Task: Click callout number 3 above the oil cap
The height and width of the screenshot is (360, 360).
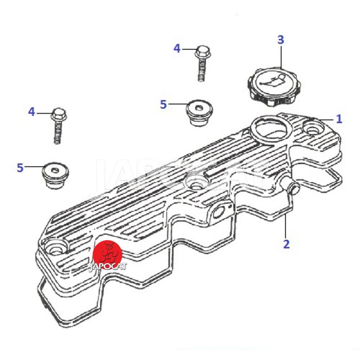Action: (x=280, y=40)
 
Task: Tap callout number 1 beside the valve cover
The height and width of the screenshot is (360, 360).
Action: (x=339, y=119)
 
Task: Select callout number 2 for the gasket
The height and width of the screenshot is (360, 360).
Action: (x=286, y=244)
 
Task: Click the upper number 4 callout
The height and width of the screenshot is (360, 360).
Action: (x=177, y=49)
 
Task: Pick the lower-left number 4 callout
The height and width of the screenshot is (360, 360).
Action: (x=31, y=112)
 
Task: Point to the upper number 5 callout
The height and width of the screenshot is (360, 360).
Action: (x=163, y=104)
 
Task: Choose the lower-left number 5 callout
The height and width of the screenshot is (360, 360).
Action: (x=20, y=168)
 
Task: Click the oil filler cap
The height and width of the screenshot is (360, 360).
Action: (x=274, y=86)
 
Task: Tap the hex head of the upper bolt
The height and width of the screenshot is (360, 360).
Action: (x=203, y=52)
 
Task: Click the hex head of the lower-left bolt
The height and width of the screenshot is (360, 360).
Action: (x=59, y=114)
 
